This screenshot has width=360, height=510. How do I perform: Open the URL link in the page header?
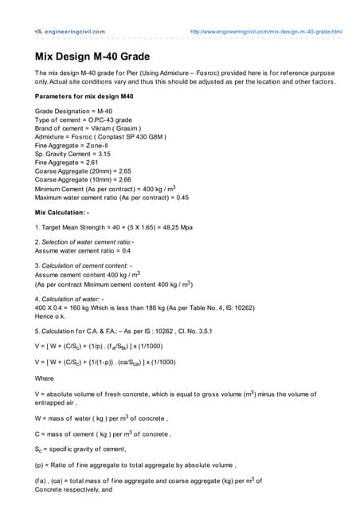(x=265, y=32)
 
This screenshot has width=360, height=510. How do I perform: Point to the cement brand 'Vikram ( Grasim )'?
(x=115, y=127)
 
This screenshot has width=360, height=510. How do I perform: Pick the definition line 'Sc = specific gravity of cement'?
(x=87, y=450)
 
